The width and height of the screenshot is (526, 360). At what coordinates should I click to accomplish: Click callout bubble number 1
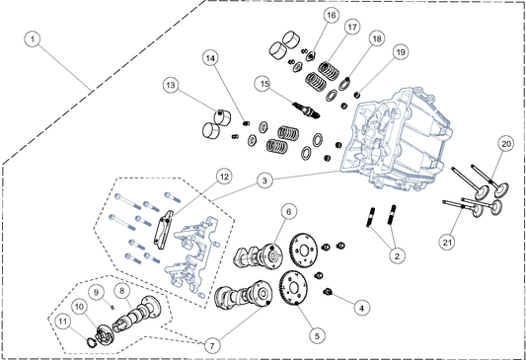[33, 39]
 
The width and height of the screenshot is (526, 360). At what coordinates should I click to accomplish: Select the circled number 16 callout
[332, 15]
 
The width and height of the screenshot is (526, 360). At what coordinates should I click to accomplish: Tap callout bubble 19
[401, 52]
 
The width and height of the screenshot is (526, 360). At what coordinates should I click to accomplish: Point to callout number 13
[171, 85]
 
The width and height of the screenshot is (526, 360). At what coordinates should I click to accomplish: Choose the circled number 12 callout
[224, 177]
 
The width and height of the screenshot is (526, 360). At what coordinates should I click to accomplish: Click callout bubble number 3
[264, 180]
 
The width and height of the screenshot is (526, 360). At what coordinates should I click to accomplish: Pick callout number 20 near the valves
[506, 144]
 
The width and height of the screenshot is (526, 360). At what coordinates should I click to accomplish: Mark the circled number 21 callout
[447, 242]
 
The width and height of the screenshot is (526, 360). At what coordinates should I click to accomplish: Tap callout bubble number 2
[397, 256]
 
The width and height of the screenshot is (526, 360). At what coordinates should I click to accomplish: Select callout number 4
[361, 308]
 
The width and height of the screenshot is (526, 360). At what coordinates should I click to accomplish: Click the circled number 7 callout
[212, 345]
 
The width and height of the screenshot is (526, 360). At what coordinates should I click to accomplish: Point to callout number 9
[97, 292]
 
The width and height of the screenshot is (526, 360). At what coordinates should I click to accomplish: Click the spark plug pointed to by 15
[306, 110]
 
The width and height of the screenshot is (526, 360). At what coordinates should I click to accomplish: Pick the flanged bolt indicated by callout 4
[328, 292]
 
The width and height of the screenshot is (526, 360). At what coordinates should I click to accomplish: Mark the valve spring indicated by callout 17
[328, 68]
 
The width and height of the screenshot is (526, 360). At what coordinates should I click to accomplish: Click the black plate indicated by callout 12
[163, 230]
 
